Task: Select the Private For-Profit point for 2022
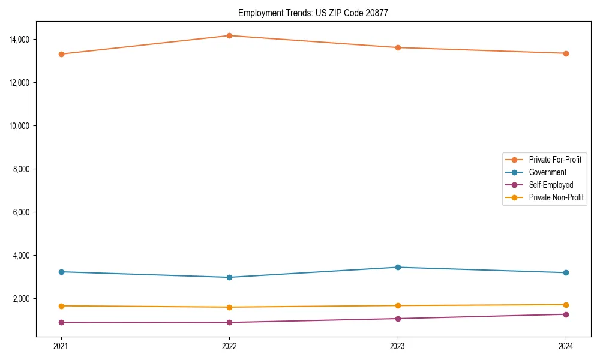pyautogui.click(x=229, y=35)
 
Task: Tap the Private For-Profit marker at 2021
pyautogui.click(x=61, y=54)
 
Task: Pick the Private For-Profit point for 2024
pyautogui.click(x=566, y=53)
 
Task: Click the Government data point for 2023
pyautogui.click(x=398, y=267)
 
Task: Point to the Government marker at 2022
pyautogui.click(x=229, y=277)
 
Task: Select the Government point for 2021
pyautogui.click(x=61, y=272)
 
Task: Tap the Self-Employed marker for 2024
pyautogui.click(x=566, y=314)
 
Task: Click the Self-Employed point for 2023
pyautogui.click(x=398, y=319)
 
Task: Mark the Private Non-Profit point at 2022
pyautogui.click(x=229, y=307)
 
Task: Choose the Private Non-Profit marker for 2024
pyautogui.click(x=566, y=305)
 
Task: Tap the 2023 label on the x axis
pyautogui.click(x=398, y=346)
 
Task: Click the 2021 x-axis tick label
pyautogui.click(x=61, y=346)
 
